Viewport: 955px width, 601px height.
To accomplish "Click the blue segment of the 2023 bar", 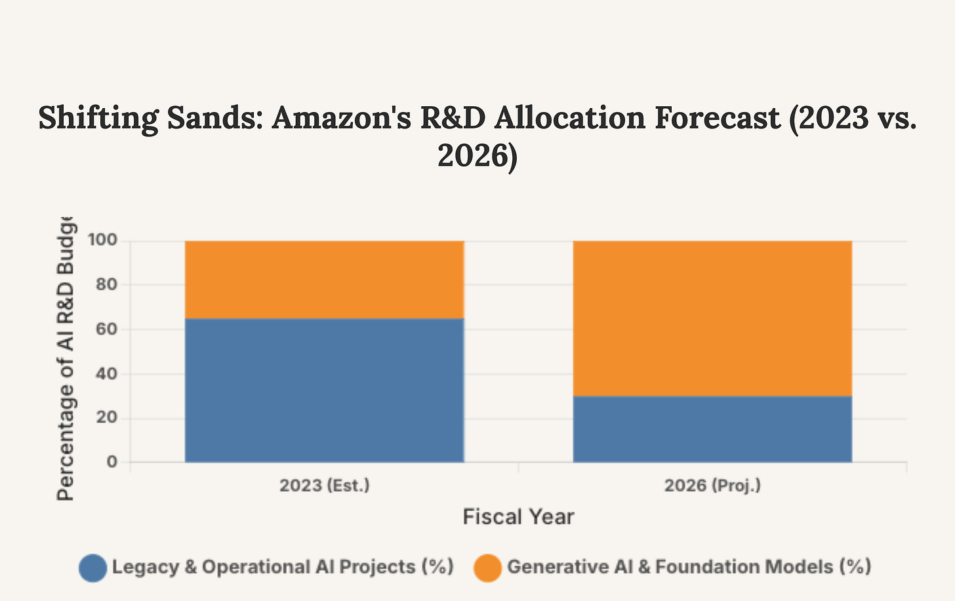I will (324, 390).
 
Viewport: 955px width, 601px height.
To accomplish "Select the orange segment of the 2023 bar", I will (324, 279).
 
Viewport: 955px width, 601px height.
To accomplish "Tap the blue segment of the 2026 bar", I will (712, 429).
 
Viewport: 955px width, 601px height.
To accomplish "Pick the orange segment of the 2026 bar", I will (712, 318).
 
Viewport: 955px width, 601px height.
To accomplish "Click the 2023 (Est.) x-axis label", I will (324, 486).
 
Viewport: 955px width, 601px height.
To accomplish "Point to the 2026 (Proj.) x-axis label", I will (712, 486).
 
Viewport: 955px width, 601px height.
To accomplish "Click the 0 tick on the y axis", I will (112, 462).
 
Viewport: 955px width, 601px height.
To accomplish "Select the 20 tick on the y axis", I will (108, 418).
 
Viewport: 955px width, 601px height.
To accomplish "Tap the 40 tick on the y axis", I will (108, 374).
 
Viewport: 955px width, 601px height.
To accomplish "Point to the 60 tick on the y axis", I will (108, 330).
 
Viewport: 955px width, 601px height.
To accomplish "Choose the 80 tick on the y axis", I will (108, 285).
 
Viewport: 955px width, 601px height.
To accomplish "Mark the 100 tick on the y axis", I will (104, 241).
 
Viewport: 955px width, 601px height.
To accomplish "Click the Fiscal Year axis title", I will (518, 516).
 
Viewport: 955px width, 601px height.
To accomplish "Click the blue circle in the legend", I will (92, 568).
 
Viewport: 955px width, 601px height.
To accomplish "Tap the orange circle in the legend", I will (487, 568).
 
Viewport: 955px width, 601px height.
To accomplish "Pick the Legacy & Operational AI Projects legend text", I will (283, 567).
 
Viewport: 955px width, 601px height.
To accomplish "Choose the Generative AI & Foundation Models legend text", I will (689, 567).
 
